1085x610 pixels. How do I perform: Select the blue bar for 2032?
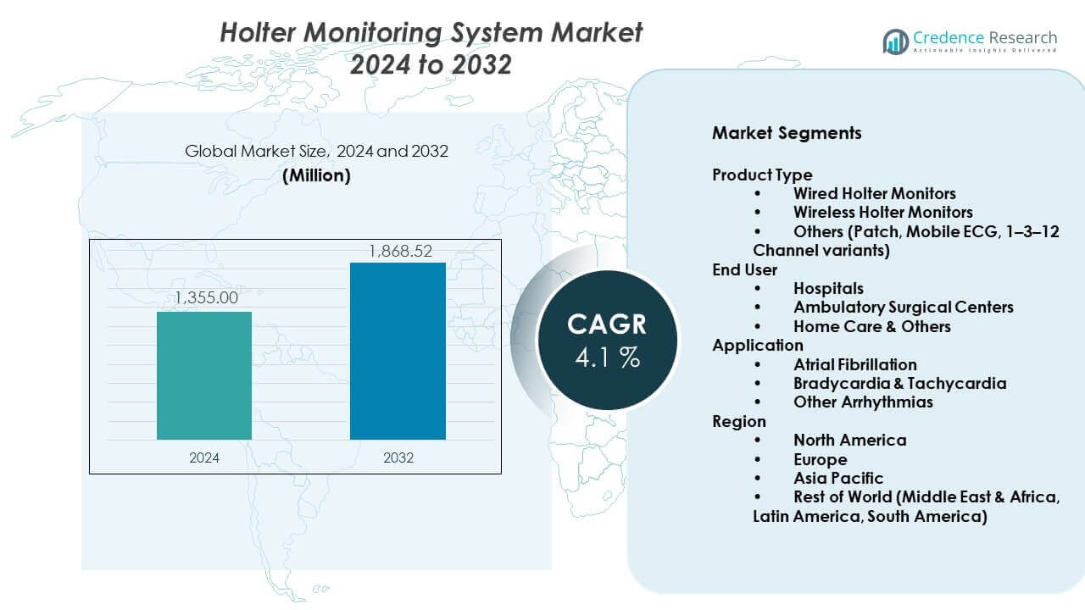[398, 351]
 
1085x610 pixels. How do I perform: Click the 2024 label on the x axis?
[204, 457]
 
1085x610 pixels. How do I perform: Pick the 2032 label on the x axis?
[398, 457]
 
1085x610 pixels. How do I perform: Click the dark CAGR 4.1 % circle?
[607, 339]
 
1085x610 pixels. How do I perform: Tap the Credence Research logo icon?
[895, 41]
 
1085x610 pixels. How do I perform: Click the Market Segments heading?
[787, 133]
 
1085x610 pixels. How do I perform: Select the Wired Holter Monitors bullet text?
[874, 193]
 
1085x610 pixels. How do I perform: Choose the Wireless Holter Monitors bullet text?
[882, 212]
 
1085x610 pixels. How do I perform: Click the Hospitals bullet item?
[828, 289]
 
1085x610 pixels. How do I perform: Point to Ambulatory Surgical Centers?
[903, 308]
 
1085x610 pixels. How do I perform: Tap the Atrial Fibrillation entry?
[854, 364]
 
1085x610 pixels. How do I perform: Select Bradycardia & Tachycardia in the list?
[899, 383]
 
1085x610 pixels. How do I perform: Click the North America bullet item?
[849, 440]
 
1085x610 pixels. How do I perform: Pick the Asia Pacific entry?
[837, 478]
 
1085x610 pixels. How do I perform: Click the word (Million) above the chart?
[316, 176]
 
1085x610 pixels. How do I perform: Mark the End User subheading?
[744, 270]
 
